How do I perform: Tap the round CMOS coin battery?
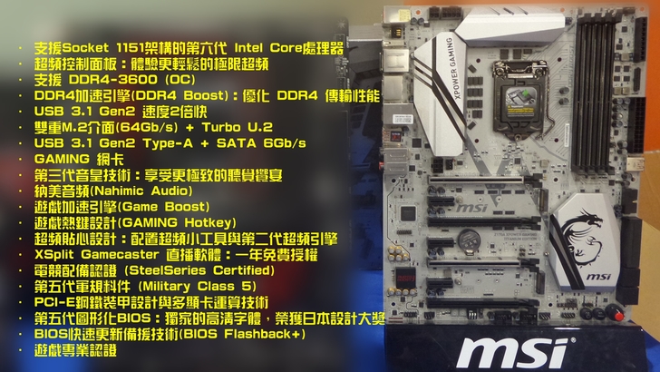[468, 240]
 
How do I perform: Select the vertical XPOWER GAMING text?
[452, 68]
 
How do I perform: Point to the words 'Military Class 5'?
[198, 287]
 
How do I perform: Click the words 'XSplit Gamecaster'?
[97, 254]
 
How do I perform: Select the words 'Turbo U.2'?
[238, 127]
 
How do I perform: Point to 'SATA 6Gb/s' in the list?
[261, 143]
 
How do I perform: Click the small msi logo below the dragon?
[598, 277]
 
